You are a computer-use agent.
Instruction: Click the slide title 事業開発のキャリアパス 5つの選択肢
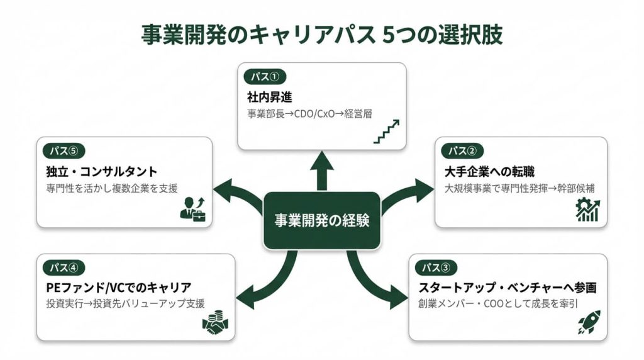coord(322,34)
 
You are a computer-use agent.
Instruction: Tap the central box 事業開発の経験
coord(321,220)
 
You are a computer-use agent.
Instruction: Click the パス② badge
coord(462,151)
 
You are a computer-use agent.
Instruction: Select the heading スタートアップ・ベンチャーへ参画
coord(507,288)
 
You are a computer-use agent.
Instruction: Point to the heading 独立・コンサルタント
coord(101,172)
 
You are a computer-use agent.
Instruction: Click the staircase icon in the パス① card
coord(386,131)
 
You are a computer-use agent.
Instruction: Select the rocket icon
coord(589,322)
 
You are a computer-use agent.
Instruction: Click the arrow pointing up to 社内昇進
coord(322,170)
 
